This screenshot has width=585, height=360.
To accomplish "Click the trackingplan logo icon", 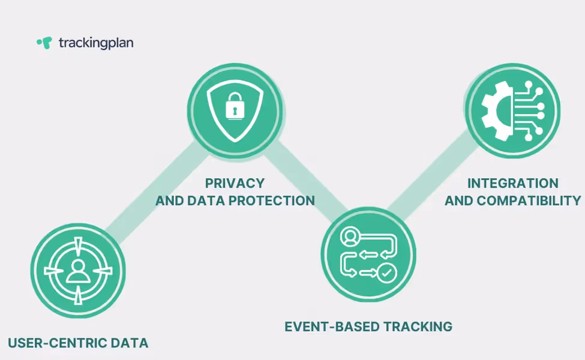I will (44, 43).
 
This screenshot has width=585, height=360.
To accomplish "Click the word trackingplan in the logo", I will (96, 43).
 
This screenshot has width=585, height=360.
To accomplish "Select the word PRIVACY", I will (235, 183).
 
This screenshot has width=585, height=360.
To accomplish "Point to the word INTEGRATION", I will (512, 183).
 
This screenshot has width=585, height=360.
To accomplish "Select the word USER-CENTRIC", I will (59, 343).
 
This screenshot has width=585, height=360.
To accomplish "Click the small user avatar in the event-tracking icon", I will (349, 236).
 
